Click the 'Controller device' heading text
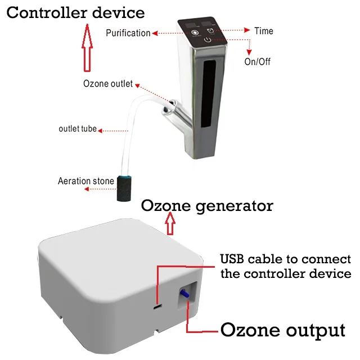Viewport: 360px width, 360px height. click(x=75, y=12)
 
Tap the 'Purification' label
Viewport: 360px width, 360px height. click(x=128, y=33)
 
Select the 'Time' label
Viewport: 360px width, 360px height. click(x=264, y=30)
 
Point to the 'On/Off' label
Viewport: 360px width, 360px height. click(x=257, y=61)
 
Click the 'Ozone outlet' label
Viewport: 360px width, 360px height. click(x=108, y=84)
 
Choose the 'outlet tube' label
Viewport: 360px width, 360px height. click(x=78, y=129)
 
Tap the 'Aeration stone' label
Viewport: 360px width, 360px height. click(x=86, y=181)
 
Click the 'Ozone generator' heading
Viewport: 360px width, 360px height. click(x=207, y=205)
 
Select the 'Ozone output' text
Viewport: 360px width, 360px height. click(x=282, y=329)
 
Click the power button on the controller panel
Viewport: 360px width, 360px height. click(x=209, y=40)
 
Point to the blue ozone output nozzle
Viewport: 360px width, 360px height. click(x=184, y=292)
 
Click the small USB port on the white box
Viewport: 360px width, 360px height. click(x=158, y=307)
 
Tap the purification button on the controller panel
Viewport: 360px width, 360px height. click(x=195, y=33)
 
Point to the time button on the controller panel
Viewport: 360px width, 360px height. click(x=210, y=30)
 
